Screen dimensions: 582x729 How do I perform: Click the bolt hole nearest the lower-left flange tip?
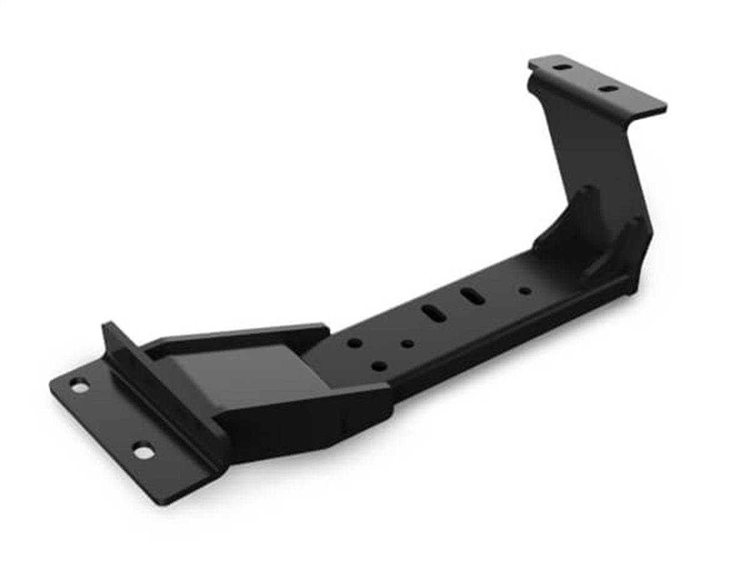click(x=79, y=386)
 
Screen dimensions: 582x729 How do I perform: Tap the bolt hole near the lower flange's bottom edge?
click(x=143, y=450)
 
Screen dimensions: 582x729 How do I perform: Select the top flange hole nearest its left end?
click(x=562, y=67)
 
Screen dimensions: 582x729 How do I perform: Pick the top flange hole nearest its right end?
click(x=608, y=89)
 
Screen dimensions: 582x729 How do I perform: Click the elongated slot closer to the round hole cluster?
click(x=433, y=313)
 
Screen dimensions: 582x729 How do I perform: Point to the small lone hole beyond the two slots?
click(x=525, y=291)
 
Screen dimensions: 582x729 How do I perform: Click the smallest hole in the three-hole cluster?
click(x=407, y=344)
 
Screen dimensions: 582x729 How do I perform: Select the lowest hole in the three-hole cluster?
click(x=379, y=365)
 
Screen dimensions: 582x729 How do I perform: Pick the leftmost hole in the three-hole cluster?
click(x=355, y=343)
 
